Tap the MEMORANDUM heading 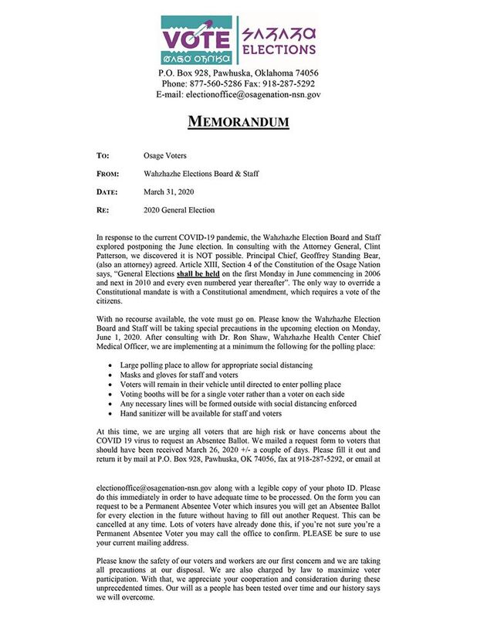[x=239, y=122]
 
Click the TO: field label [x=103, y=155]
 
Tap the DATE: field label [x=107, y=192]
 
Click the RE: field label [x=103, y=210]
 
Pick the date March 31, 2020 [x=169, y=192]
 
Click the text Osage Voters [x=167, y=155]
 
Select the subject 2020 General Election [x=179, y=210]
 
